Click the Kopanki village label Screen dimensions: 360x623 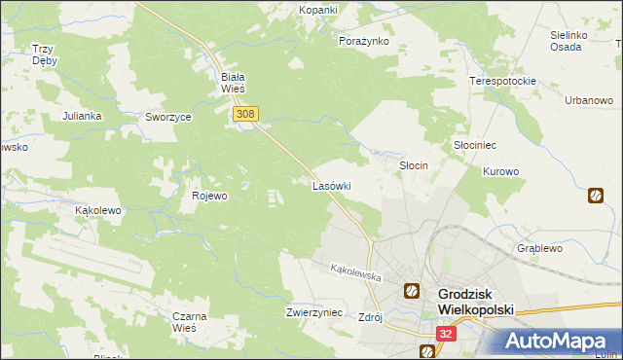coord(318,10)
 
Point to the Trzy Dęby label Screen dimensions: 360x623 coord(44,54)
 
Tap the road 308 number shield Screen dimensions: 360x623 coord(245,115)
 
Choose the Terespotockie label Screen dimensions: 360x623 coord(503,81)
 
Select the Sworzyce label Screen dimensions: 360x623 coord(168,116)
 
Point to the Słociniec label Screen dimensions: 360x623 coord(475,144)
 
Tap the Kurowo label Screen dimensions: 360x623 coord(501,171)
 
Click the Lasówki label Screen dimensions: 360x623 coord(331,185)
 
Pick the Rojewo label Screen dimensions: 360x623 coord(209,196)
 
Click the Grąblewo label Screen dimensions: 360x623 coord(540,248)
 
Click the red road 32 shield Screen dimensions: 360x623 coord(445,333)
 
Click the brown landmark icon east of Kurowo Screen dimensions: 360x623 coord(595,196)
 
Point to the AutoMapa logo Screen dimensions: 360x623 coord(552,341)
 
